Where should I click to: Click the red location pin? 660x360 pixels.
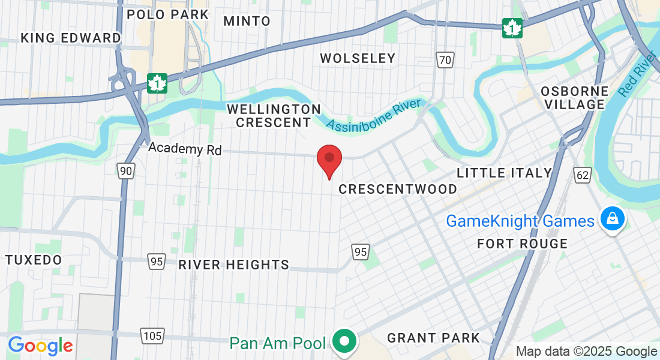(329, 160)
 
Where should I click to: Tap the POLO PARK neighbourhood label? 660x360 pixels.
(167, 14)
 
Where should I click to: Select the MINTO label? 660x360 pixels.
(247, 21)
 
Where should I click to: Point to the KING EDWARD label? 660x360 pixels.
(71, 38)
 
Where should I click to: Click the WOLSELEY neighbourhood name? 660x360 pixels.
(358, 58)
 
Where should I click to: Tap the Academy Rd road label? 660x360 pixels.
(185, 148)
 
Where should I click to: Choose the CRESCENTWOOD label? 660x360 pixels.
(398, 189)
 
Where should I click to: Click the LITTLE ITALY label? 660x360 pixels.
(504, 173)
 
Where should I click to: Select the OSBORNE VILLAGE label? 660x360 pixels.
(575, 98)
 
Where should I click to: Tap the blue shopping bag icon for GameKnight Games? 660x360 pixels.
(611, 220)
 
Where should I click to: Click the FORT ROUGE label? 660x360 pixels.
(522, 244)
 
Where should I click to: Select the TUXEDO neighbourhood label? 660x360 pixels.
(34, 260)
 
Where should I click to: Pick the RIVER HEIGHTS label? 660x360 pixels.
(233, 265)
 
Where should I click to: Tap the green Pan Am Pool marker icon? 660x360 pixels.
(344, 342)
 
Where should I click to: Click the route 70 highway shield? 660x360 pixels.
(444, 59)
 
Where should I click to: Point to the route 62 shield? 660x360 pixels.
(581, 175)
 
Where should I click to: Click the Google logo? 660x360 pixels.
(40, 346)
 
